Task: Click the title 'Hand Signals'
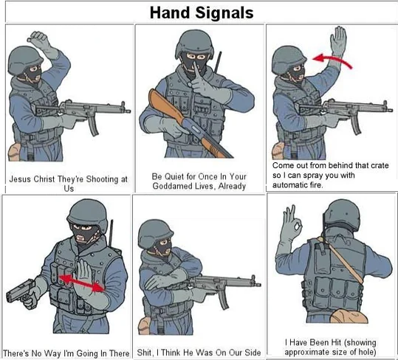202,13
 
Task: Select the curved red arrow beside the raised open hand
332,59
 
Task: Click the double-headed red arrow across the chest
82,283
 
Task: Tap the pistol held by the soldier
21,293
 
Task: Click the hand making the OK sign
292,223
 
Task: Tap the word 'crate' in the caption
380,165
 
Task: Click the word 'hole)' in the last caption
366,352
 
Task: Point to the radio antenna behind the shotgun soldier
217,62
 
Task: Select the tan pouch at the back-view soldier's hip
349,316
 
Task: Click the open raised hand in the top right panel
338,40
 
